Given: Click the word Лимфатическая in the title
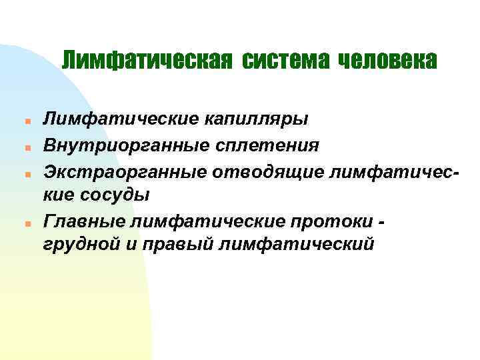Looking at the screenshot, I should click(147, 61).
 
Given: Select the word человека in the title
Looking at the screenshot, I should click(387, 61).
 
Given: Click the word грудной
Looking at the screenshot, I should click(81, 244).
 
